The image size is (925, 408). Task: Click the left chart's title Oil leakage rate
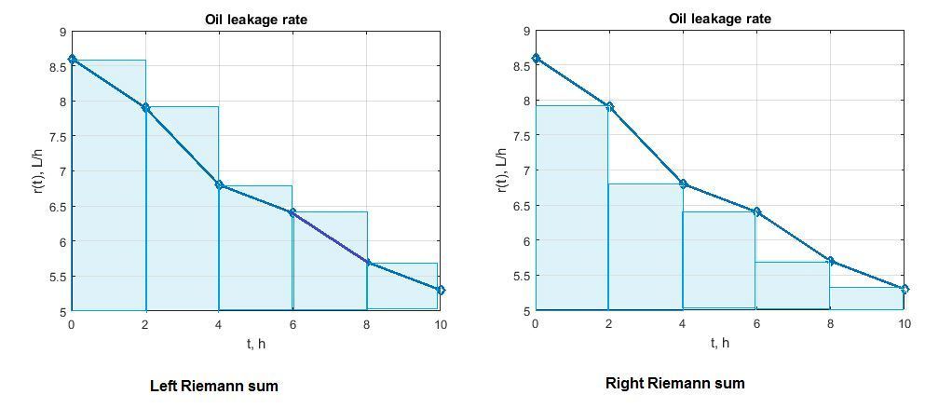(x=256, y=20)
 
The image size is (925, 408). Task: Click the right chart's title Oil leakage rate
(x=719, y=19)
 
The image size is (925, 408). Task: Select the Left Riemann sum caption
(x=214, y=386)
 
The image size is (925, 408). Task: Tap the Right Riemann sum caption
(x=675, y=383)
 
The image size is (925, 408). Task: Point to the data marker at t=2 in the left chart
(x=145, y=108)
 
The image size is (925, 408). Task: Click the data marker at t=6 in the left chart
(x=292, y=212)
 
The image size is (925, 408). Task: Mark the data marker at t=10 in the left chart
(x=441, y=290)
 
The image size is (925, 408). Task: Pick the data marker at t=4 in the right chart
(x=683, y=184)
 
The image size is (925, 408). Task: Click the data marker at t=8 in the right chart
(x=830, y=261)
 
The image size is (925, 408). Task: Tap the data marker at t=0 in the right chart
(x=536, y=58)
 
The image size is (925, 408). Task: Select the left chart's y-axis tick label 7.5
(x=57, y=136)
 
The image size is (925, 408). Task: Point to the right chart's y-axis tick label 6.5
(x=521, y=206)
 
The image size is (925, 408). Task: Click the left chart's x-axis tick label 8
(x=367, y=324)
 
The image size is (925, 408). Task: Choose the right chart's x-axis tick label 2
(x=608, y=323)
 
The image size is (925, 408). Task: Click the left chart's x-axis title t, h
(x=255, y=344)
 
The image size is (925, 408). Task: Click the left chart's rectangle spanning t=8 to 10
(x=403, y=286)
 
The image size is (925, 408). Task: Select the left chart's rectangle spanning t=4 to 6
(x=256, y=248)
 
